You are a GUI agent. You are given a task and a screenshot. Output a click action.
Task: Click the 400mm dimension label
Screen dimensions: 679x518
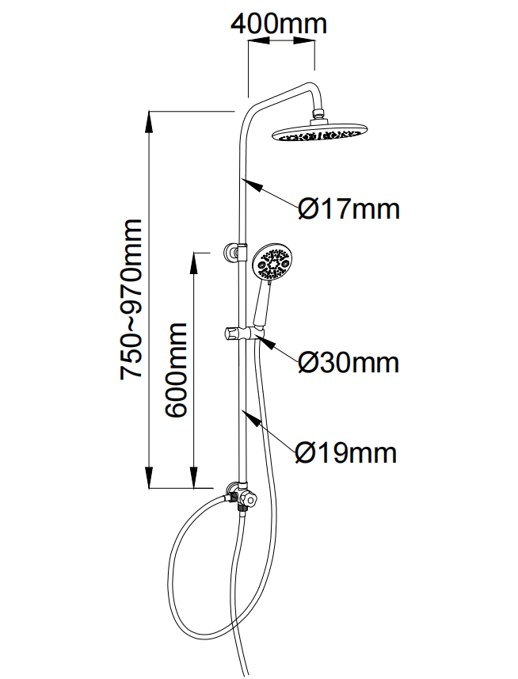[x=278, y=24]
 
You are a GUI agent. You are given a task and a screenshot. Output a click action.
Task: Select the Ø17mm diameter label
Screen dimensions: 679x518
[x=349, y=209]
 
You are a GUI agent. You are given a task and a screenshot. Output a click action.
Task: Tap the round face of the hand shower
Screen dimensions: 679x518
[x=272, y=264]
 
